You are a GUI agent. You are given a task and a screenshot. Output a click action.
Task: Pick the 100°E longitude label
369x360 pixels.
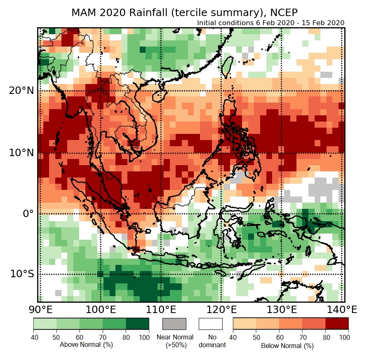[101, 309]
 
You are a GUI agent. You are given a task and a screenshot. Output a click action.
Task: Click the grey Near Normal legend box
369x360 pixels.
[174, 324]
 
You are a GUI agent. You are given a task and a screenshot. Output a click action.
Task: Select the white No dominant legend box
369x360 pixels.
[211, 324]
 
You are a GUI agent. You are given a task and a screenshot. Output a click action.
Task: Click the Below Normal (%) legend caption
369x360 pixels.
[287, 346]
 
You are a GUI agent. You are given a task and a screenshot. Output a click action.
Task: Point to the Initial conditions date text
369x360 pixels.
[270, 23]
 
